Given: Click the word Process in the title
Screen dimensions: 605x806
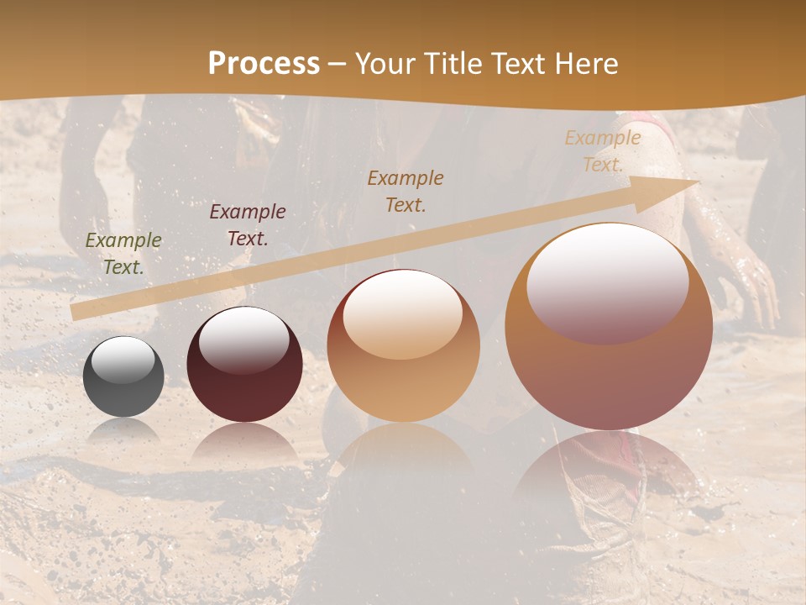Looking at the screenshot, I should point(264,64).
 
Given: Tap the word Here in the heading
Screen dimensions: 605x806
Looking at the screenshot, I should point(584,64).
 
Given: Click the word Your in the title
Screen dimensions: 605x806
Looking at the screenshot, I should point(389,64).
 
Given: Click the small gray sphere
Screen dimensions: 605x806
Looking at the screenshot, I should point(123,376).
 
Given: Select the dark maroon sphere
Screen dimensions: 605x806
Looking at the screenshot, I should point(244,370).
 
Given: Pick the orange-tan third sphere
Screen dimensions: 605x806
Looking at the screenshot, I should point(403,353).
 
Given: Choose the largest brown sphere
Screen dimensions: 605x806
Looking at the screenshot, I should point(609,336).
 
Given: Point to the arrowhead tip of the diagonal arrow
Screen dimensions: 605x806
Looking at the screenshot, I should point(699,181).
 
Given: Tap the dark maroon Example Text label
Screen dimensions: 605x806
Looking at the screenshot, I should point(248,225).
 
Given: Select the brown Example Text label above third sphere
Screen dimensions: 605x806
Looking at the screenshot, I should point(406,191).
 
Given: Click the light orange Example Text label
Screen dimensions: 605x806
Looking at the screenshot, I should point(603,151).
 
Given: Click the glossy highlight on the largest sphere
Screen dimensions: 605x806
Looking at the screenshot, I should point(607,284).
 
